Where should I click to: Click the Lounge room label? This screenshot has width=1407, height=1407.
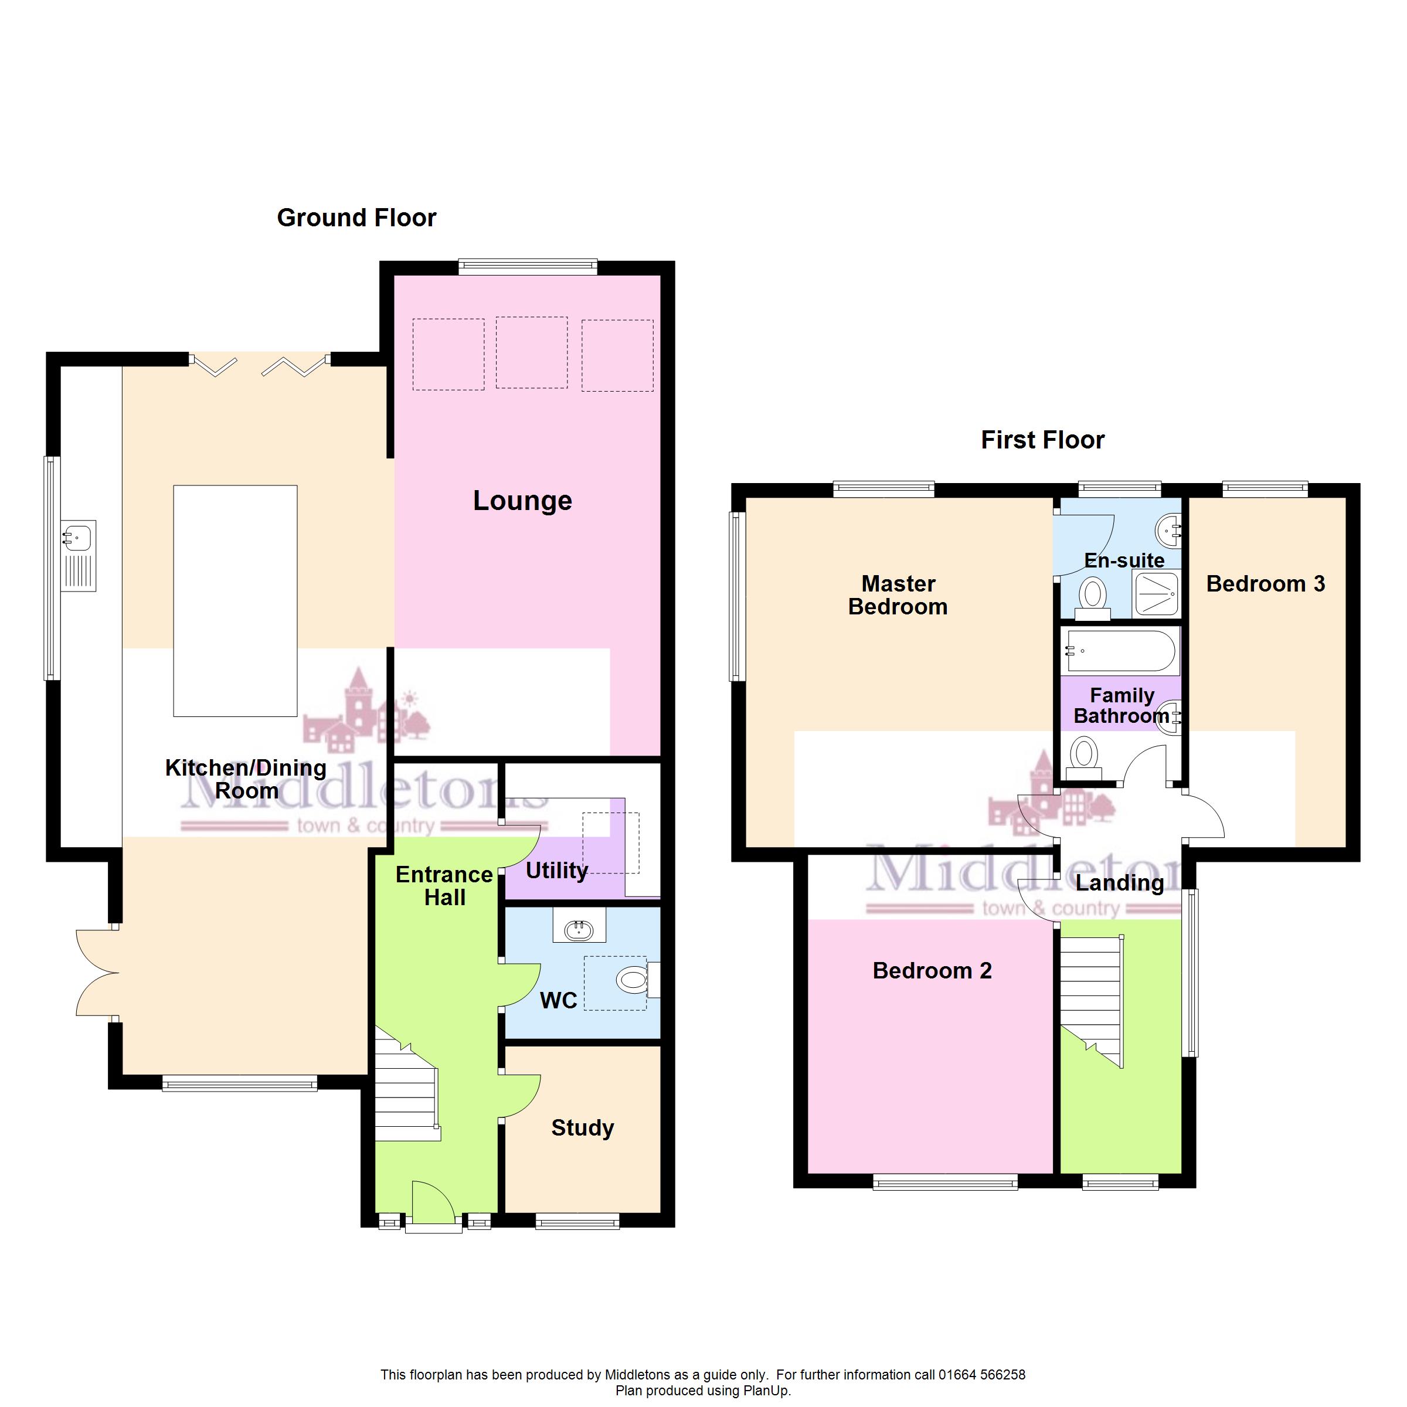[x=522, y=501]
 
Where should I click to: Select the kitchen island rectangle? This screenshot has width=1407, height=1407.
[x=235, y=601]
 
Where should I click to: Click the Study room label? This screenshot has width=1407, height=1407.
[x=583, y=1128]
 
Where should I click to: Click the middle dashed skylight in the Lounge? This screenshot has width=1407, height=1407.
[x=532, y=352]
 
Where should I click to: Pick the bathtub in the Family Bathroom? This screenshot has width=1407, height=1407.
[x=1121, y=650]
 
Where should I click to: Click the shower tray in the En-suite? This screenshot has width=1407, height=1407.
[x=1155, y=593]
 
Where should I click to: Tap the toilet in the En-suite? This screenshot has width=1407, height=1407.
[x=1092, y=596]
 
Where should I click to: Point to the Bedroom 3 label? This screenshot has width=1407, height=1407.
[x=1266, y=584]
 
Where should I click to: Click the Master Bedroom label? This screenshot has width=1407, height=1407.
[x=898, y=595]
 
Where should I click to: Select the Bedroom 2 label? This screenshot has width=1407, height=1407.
[x=932, y=971]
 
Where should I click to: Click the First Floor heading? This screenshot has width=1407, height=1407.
[x=1042, y=440]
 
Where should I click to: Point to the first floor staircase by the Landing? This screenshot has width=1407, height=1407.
[x=1091, y=1001]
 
